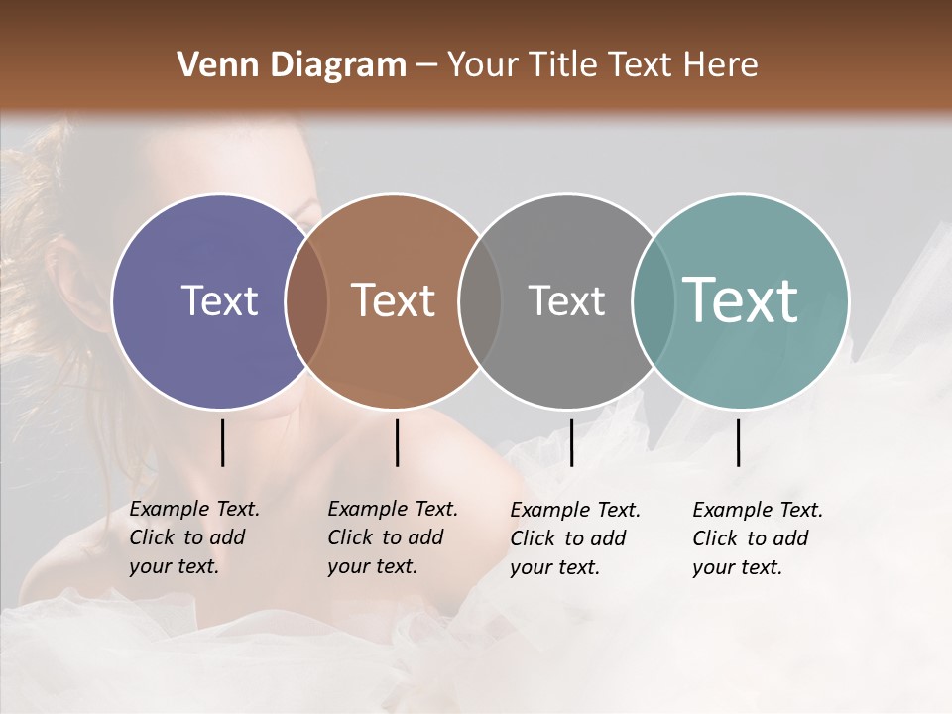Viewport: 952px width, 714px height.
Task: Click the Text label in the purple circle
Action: (x=219, y=300)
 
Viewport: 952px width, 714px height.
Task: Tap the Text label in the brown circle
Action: (x=394, y=300)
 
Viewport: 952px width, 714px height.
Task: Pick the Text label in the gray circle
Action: (x=566, y=300)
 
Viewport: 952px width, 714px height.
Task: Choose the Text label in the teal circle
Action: (x=741, y=299)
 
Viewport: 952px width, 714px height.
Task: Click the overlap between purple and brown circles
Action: (x=306, y=300)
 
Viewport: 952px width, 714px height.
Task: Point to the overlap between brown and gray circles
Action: (x=480, y=300)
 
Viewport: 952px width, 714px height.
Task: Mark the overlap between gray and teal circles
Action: (x=654, y=300)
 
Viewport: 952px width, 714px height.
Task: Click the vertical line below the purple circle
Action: (x=222, y=442)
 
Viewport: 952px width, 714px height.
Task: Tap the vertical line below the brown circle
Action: (x=397, y=442)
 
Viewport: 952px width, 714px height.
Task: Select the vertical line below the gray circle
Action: (x=571, y=442)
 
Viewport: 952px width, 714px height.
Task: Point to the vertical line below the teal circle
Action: (x=738, y=442)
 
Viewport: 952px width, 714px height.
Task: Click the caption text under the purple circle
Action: (x=194, y=537)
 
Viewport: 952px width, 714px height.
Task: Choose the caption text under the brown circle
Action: (x=393, y=537)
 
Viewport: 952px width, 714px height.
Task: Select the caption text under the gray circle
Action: (x=575, y=538)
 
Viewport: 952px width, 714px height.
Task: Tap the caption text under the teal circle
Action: (x=758, y=538)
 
